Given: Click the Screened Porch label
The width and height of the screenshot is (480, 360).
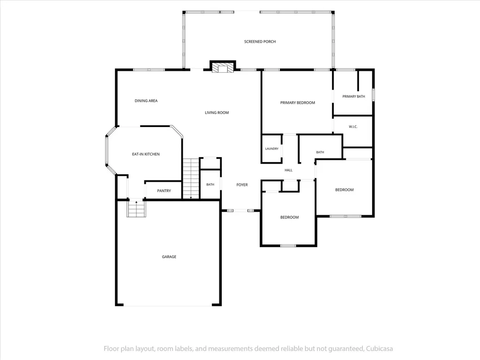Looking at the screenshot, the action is [260, 42].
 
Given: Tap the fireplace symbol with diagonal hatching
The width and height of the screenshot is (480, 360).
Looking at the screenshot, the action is [223, 68].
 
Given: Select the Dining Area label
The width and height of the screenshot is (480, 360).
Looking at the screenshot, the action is [146, 101].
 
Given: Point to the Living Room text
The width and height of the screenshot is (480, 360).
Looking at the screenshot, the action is [217, 112].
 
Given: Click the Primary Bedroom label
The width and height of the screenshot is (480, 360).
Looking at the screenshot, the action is [298, 103].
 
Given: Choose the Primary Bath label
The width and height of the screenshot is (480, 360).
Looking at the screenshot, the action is [353, 97].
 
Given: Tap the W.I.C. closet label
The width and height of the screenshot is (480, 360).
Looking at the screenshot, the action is [353, 127].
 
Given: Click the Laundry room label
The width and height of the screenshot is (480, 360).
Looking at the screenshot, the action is [272, 149].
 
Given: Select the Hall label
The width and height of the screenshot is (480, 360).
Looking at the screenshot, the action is [288, 170].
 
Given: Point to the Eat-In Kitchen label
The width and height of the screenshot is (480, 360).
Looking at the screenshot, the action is [146, 154].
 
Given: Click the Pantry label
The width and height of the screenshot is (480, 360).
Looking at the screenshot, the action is [164, 191].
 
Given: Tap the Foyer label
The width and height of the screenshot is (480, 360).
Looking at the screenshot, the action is [242, 185].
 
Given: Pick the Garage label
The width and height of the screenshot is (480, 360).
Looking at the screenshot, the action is [169, 257].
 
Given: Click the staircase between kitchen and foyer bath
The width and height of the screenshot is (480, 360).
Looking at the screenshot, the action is [191, 179].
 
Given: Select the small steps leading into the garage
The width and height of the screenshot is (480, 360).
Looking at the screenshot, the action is [136, 209].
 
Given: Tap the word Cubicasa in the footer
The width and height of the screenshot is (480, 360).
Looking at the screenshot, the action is [379, 349].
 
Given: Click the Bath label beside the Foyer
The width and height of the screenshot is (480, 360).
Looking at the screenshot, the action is [210, 185].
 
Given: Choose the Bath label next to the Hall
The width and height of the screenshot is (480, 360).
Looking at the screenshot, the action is [320, 152].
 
